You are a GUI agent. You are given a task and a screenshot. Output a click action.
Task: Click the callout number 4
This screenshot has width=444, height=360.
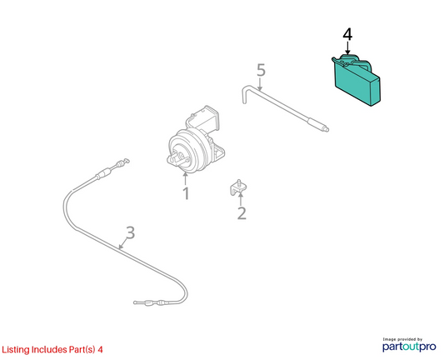click(x=347, y=34)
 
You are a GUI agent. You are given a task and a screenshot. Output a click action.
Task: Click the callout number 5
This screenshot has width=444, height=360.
click(x=261, y=70)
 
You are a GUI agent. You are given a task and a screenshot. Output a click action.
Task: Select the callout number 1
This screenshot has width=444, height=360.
click(x=186, y=193)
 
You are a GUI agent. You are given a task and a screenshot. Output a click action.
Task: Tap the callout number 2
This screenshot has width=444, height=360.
click(x=242, y=213)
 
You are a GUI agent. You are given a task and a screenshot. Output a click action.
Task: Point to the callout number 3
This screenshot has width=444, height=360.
click(x=130, y=232)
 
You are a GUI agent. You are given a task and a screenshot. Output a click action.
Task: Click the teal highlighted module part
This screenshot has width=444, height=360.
click(x=357, y=81)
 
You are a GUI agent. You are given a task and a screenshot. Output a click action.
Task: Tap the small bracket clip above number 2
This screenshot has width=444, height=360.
click(x=238, y=187)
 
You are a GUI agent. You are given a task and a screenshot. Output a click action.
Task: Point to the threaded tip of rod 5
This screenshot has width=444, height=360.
click(x=326, y=129)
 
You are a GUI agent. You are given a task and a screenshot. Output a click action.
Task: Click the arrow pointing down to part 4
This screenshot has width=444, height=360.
click(x=347, y=47)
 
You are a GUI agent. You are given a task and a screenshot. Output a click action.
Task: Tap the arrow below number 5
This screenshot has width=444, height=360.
click(x=260, y=84)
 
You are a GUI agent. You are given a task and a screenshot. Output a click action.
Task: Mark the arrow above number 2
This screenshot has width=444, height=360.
click(x=241, y=198)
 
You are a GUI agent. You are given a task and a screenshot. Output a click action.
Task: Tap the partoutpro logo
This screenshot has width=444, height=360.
click(x=409, y=347)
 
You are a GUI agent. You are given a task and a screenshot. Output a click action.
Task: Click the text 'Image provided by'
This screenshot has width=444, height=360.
click(x=402, y=339)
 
